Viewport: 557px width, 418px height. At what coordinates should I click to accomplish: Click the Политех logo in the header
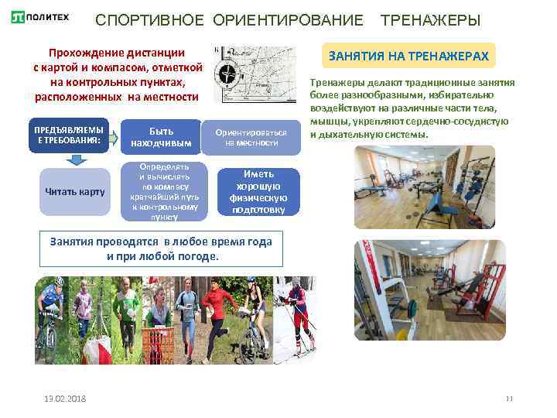[39, 18]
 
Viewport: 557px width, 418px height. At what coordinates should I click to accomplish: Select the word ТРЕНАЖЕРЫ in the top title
[430, 19]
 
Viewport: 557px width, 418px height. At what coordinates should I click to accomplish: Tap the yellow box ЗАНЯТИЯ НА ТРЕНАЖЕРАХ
[408, 56]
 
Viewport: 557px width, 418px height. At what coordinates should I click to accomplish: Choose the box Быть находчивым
[162, 136]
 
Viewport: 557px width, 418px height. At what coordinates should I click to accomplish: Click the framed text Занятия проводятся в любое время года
[160, 248]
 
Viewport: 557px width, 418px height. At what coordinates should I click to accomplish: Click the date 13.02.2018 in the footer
[65, 398]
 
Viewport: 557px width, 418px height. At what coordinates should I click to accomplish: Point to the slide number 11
[509, 398]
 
